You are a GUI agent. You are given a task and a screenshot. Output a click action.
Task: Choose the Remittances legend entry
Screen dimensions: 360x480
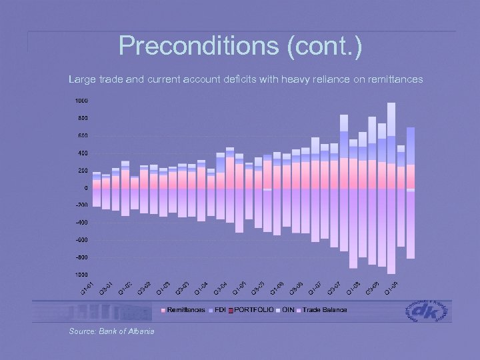[x=185, y=311]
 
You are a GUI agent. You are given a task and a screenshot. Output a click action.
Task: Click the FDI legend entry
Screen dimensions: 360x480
[x=221, y=311]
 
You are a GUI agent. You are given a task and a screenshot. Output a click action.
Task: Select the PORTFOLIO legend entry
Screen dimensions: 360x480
[x=253, y=311]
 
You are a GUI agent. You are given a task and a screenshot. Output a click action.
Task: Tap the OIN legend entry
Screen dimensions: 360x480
[x=287, y=311]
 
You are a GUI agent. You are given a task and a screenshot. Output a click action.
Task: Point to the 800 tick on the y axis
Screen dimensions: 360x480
[x=81, y=119]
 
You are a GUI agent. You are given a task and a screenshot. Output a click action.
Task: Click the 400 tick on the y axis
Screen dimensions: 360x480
[x=81, y=153]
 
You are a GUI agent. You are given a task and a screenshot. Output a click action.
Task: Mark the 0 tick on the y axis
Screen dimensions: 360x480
[x=85, y=188]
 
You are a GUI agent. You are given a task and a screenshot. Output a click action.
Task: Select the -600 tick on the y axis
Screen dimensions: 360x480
[x=80, y=240]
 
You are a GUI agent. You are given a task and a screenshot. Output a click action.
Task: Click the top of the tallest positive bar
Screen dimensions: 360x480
[x=391, y=103]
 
